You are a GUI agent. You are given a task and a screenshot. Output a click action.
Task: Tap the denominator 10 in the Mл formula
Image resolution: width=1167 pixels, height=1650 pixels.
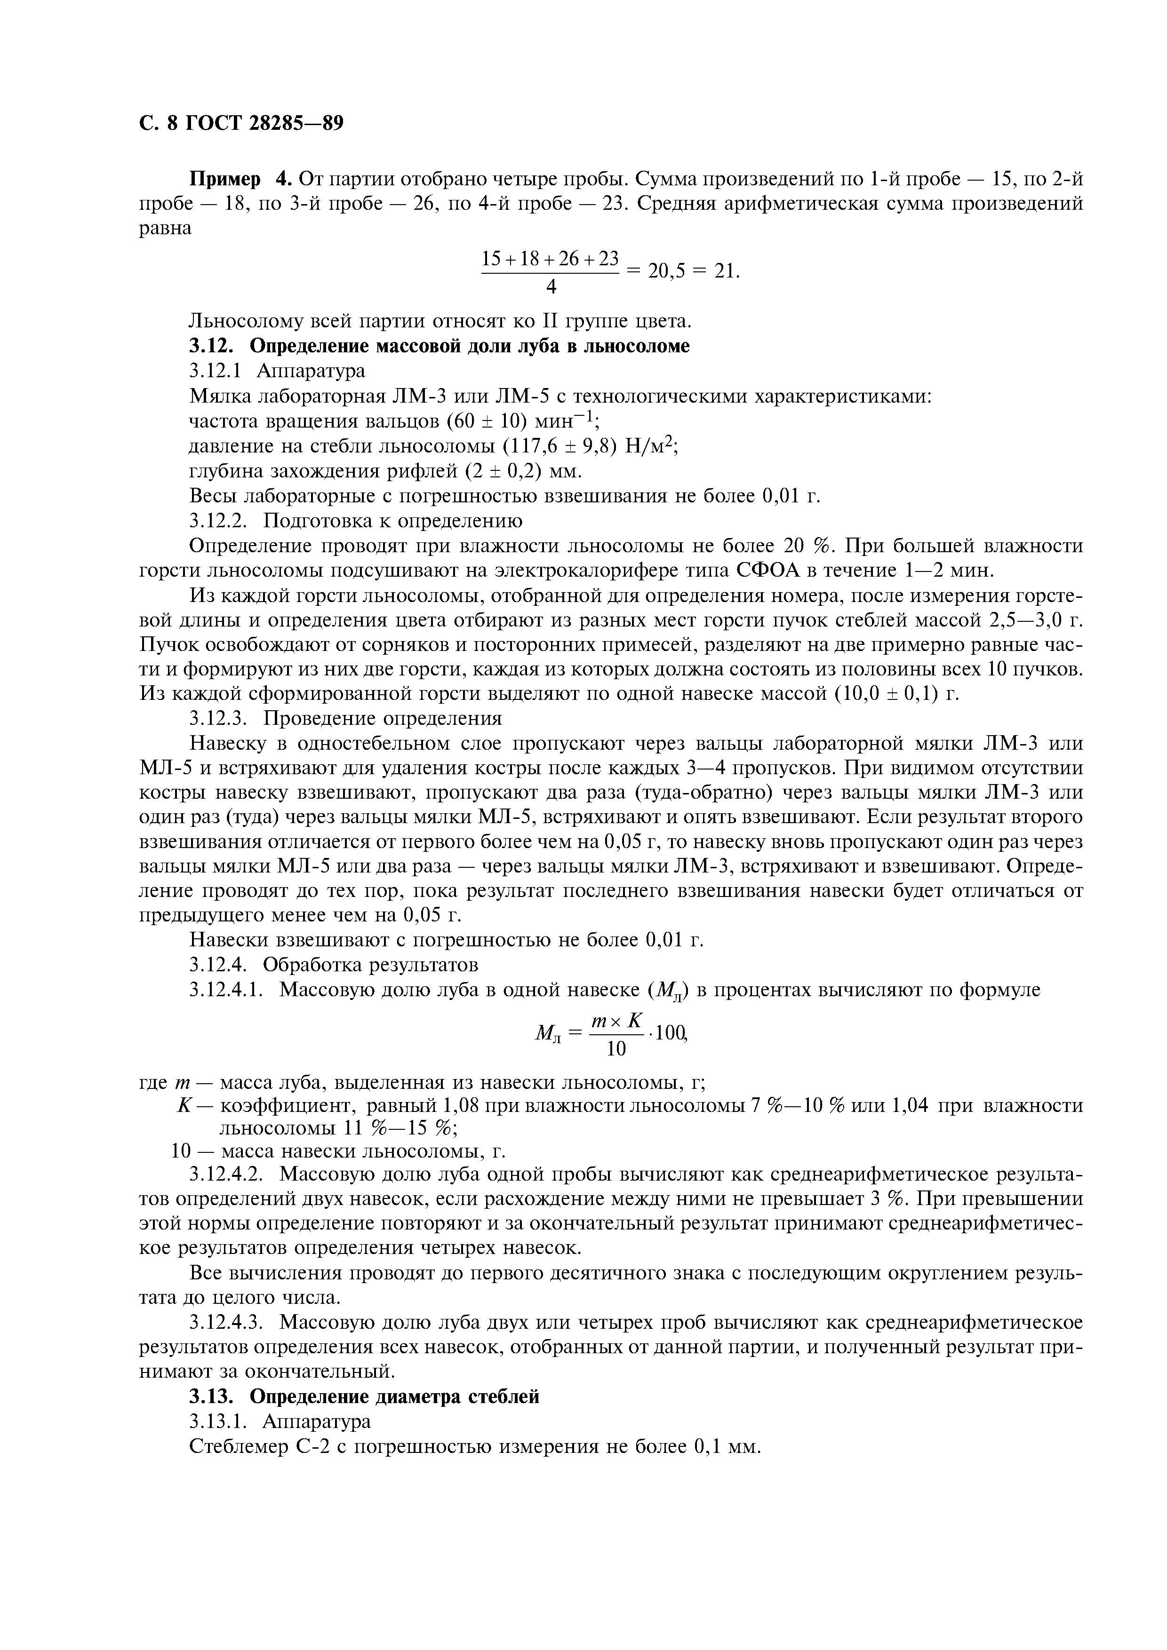pyautogui.click(x=616, y=1049)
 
